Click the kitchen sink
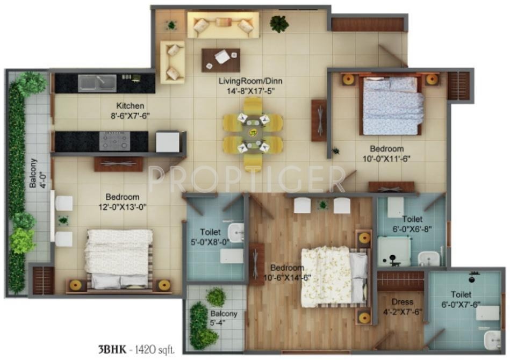pyautogui.click(x=97, y=83)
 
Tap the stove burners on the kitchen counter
pyautogui.click(x=114, y=140)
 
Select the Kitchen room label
pyautogui.click(x=131, y=105)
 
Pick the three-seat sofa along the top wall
pyautogui.click(x=223, y=25)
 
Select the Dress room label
pyautogui.click(x=401, y=302)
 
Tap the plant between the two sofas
pyautogui.click(x=171, y=25)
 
